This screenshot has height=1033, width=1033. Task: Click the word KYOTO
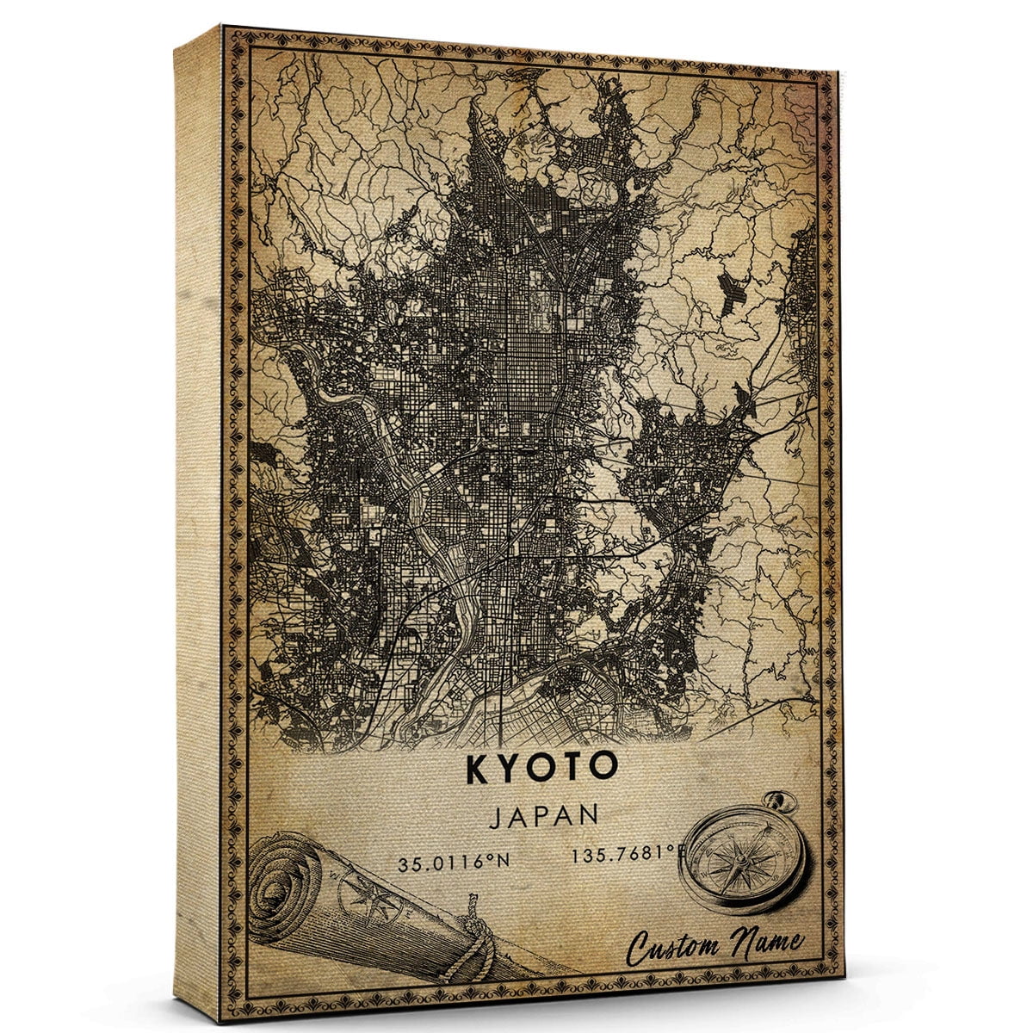pos(542,769)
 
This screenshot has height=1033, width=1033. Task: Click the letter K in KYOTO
pos(478,769)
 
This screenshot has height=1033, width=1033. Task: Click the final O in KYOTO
pos(605,769)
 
